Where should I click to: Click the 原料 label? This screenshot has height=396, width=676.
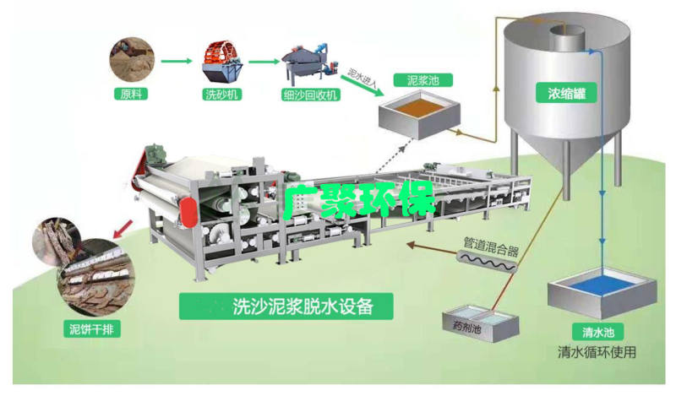pyautogui.click(x=131, y=94)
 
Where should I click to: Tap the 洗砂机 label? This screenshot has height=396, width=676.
pyautogui.click(x=221, y=95)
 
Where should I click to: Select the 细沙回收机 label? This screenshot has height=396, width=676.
pyautogui.click(x=310, y=95)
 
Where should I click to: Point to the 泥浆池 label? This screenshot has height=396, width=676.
pyautogui.click(x=423, y=80)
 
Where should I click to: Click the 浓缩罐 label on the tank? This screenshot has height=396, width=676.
pyautogui.click(x=566, y=93)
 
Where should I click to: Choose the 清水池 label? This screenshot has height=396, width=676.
pyautogui.click(x=598, y=332)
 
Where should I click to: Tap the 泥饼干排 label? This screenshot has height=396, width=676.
pyautogui.click(x=91, y=329)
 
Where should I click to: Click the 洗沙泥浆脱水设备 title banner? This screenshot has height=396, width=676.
pyautogui.click(x=286, y=306)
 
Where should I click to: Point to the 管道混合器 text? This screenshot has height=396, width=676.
pyautogui.click(x=491, y=246)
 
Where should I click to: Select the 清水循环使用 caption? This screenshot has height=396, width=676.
pyautogui.click(x=597, y=352)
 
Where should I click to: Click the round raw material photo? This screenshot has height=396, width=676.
pyautogui.click(x=132, y=60)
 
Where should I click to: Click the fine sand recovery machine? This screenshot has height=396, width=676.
pyautogui.click(x=308, y=64)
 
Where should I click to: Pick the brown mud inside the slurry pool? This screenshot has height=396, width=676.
pyautogui.click(x=418, y=107)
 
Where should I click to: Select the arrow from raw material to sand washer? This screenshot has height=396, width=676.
pyautogui.click(x=177, y=61)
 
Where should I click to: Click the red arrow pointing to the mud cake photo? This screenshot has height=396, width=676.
pyautogui.click(x=123, y=229)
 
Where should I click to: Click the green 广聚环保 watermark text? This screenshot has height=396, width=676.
pyautogui.click(x=358, y=199)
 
